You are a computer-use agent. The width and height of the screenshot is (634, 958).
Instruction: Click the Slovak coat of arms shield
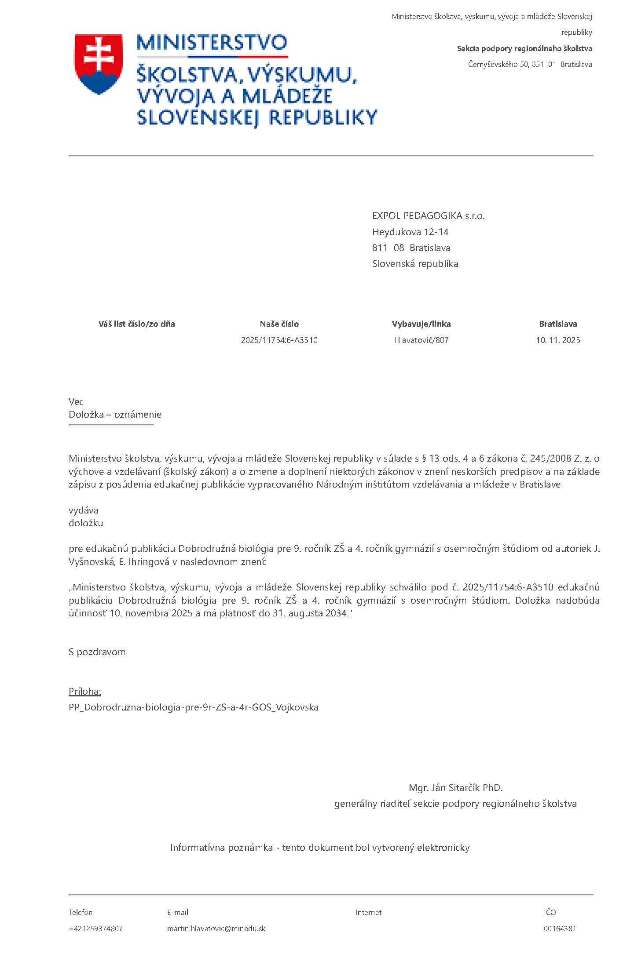point(99,64)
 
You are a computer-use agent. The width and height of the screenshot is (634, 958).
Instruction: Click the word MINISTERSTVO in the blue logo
point(212,43)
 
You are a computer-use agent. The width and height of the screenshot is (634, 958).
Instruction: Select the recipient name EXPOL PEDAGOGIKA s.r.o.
point(428,216)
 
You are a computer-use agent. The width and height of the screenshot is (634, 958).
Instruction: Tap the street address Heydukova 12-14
point(410,232)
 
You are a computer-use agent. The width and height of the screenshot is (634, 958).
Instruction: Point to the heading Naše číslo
point(279,324)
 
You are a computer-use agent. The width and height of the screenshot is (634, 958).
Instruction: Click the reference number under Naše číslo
point(279,340)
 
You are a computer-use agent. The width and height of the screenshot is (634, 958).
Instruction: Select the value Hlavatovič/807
point(421,340)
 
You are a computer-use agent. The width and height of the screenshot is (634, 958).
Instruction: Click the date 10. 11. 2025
point(557,340)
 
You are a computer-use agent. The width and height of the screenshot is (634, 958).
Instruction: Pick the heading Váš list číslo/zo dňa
point(136,324)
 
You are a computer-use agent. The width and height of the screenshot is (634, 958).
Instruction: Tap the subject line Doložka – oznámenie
point(115,415)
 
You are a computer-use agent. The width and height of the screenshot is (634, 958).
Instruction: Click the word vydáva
point(84,510)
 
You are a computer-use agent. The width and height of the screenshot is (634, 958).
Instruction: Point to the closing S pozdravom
point(97,652)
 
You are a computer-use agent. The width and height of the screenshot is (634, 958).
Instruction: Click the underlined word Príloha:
point(85,692)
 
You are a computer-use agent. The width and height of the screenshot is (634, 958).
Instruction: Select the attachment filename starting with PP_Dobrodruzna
point(193,707)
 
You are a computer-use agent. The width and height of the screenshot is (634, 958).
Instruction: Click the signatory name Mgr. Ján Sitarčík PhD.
point(455,787)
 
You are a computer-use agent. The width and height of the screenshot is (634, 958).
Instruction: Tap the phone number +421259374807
point(95,929)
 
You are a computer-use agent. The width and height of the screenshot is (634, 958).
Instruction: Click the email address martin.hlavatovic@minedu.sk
point(216,929)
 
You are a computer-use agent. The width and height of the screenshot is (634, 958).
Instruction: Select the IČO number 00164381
point(560,929)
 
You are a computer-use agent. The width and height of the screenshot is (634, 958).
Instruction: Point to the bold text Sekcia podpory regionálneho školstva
point(524,48)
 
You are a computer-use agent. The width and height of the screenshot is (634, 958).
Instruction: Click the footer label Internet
point(368,912)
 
